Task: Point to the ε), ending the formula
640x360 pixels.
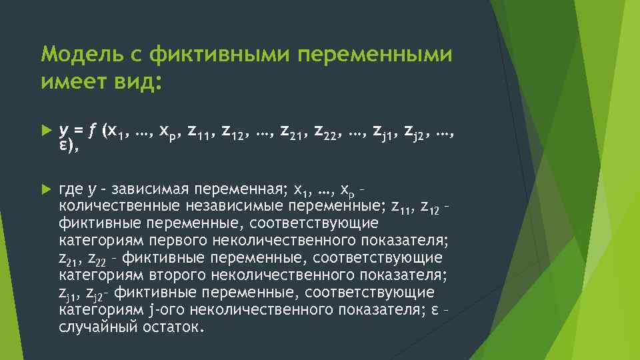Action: pos(69,147)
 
